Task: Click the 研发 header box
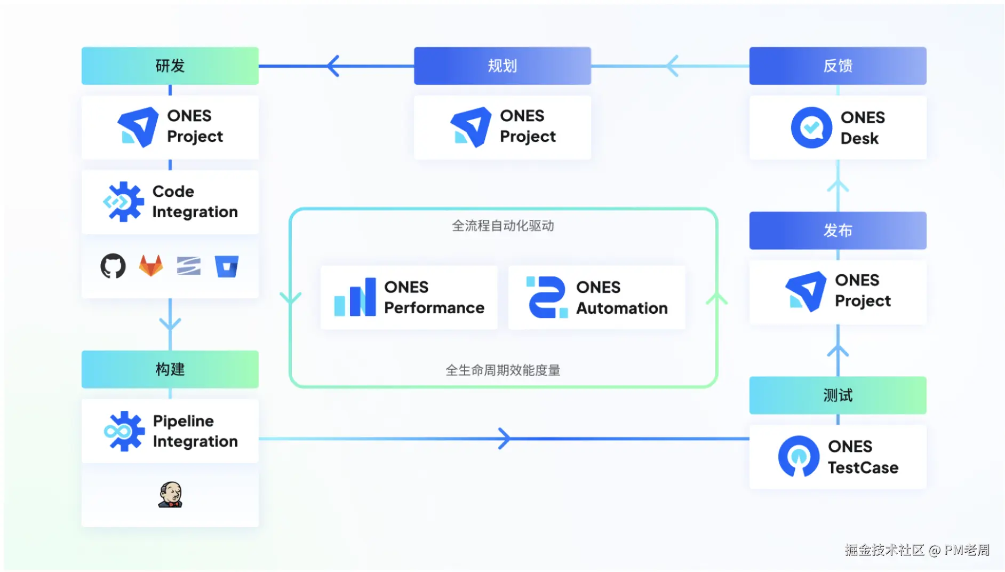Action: [x=170, y=66]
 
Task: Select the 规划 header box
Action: [x=502, y=66]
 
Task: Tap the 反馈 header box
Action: [x=838, y=66]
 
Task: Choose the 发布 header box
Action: [x=838, y=231]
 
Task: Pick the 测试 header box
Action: [x=838, y=395]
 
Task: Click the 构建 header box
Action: [x=170, y=369]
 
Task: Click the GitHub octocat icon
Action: [x=113, y=266]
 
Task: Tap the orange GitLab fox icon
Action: [x=151, y=266]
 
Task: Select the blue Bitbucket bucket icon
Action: [x=227, y=266]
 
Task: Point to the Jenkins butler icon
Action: [x=171, y=495]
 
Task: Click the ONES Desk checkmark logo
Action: [x=811, y=128]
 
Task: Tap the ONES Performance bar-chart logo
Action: [x=355, y=298]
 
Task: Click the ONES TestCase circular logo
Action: [x=799, y=456]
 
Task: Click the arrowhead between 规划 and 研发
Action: [x=333, y=66]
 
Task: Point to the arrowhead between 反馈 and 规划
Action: [x=673, y=66]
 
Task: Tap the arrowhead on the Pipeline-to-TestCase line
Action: [x=504, y=439]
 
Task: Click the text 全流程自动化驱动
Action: [x=503, y=226]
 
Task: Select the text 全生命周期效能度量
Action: [x=503, y=370]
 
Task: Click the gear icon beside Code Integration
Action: [x=124, y=202]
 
